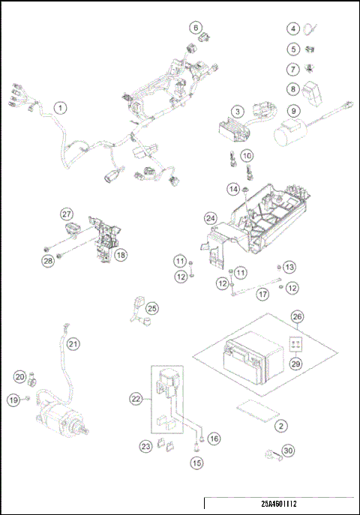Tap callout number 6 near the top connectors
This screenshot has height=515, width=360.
point(195,28)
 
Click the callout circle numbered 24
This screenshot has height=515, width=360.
point(211,218)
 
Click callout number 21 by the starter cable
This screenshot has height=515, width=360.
point(73,344)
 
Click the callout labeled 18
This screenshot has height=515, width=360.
point(120,254)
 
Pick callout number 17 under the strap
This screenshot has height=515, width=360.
point(241,295)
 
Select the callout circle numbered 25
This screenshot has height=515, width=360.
point(152,308)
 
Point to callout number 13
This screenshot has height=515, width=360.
point(289,267)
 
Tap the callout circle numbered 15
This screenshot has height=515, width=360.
point(197,463)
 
